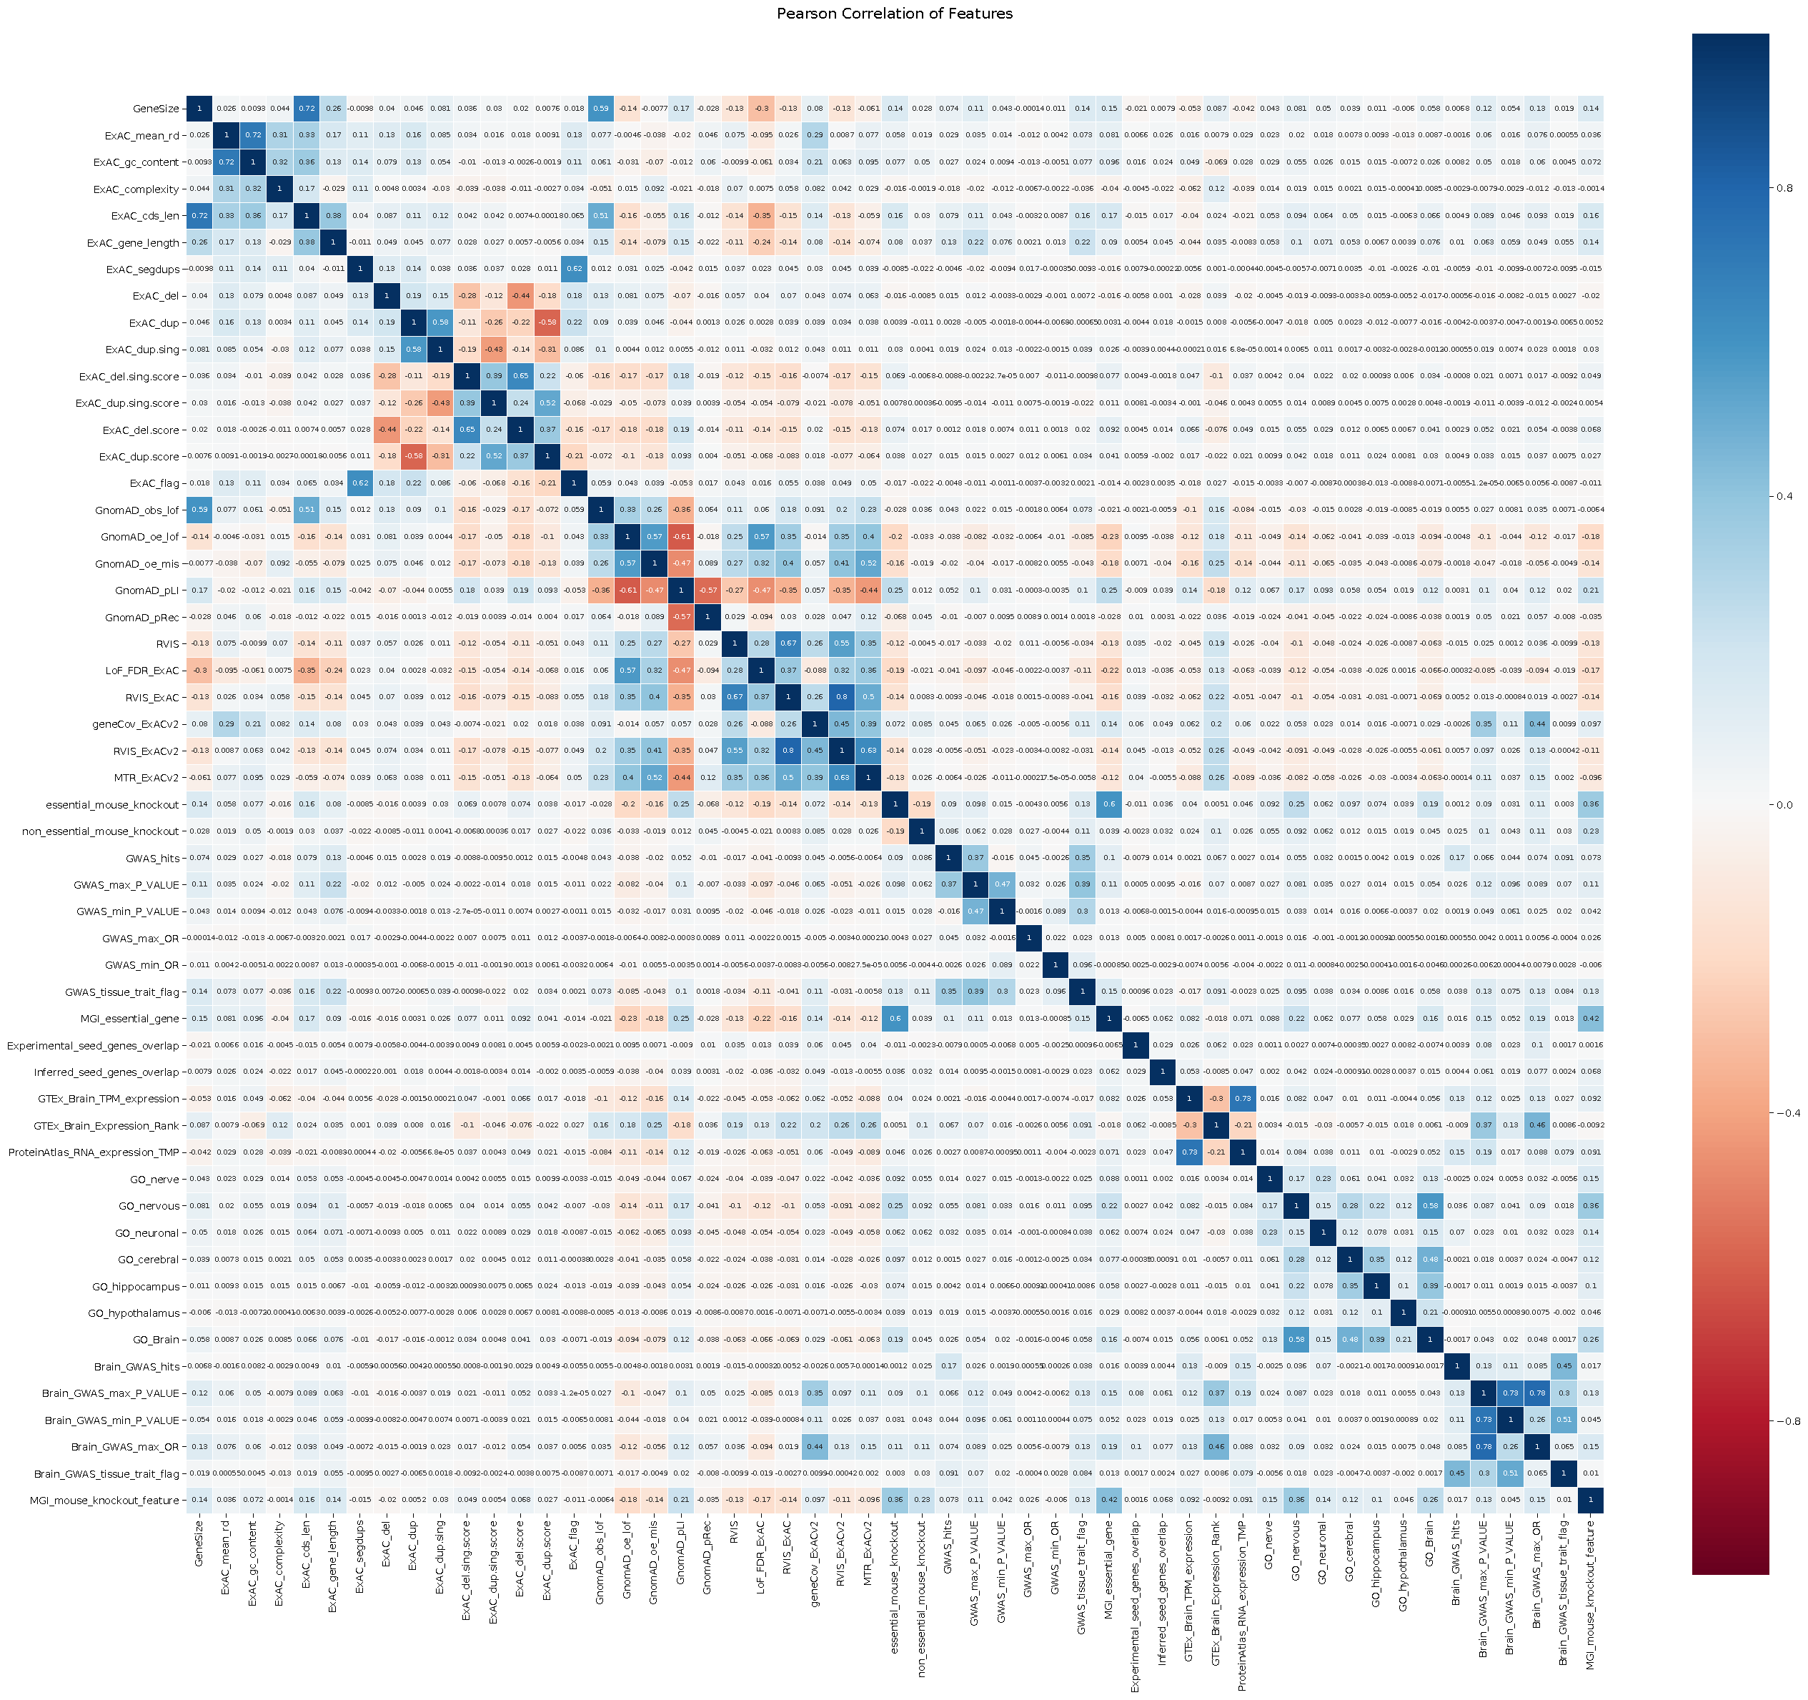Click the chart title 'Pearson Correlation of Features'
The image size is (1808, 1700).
point(894,14)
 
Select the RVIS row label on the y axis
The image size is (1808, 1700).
point(168,644)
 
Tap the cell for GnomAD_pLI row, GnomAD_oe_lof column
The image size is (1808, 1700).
point(627,590)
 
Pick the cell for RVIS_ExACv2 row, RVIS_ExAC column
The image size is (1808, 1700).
point(788,751)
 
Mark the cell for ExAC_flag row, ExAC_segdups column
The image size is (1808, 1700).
point(360,484)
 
